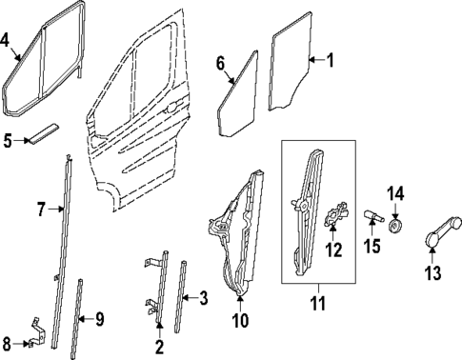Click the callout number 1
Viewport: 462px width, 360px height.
331,62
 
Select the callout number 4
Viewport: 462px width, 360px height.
6,40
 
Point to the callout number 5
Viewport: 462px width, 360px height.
7,141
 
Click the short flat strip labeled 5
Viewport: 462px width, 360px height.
45,133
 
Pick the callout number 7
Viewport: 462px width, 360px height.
40,210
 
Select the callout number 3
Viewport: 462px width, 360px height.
201,298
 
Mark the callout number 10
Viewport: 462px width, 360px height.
240,320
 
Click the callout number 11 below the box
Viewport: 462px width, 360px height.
318,305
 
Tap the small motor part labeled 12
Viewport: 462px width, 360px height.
333,218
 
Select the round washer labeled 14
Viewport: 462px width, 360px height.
397,226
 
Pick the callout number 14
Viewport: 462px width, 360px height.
397,195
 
